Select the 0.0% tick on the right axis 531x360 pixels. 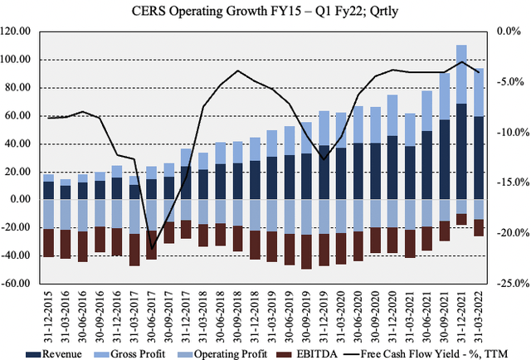point(509,32)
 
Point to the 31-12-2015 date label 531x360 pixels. point(48,311)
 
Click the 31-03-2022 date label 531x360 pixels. point(479,311)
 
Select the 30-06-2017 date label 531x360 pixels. point(152,311)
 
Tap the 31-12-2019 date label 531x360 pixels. point(324,311)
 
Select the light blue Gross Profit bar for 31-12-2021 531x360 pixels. point(461,74)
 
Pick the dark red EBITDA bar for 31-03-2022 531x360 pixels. point(479,228)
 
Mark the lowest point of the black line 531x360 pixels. point(152,247)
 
